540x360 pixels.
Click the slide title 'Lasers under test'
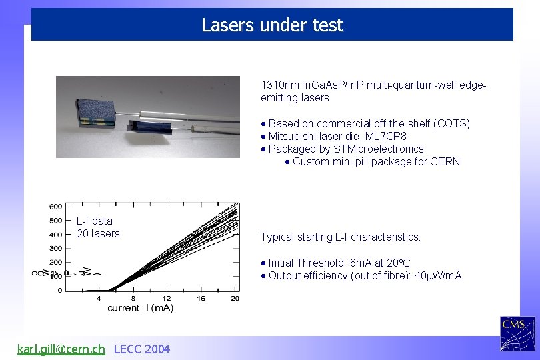[x=272, y=25]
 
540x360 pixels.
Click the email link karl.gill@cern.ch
[x=61, y=349]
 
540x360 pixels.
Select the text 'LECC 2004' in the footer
[x=142, y=349]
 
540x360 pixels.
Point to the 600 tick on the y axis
[x=55, y=206]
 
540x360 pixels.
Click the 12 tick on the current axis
[x=167, y=298]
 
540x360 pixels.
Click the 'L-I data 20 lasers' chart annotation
[x=97, y=227]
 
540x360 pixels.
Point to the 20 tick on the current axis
[x=234, y=298]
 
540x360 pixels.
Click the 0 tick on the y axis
[x=59, y=291]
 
